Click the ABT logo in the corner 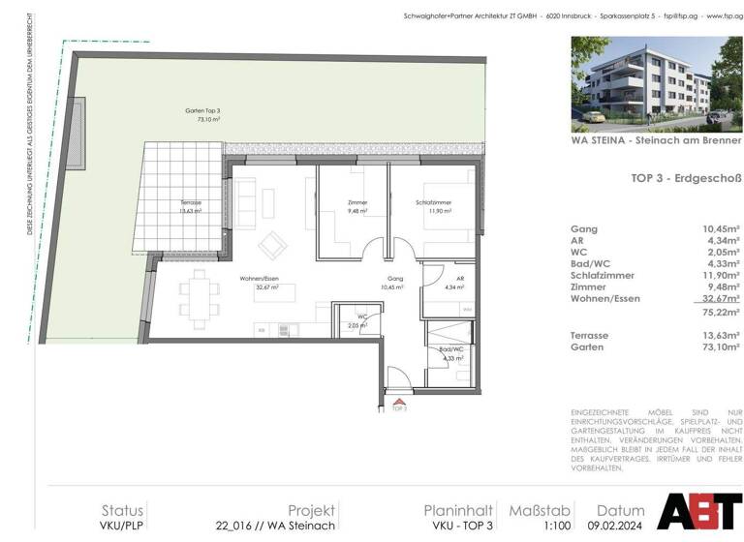[700, 510]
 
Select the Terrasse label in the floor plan [190, 206]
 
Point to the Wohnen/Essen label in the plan [260, 284]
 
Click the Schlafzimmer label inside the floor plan [433, 206]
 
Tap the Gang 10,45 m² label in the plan [391, 284]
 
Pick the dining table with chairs [200, 298]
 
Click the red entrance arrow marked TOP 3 [398, 400]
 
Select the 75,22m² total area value [719, 312]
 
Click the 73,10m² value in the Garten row [719, 346]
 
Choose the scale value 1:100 [529, 526]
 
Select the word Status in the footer [122, 510]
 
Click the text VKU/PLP [124, 526]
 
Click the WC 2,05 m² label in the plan [359, 321]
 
